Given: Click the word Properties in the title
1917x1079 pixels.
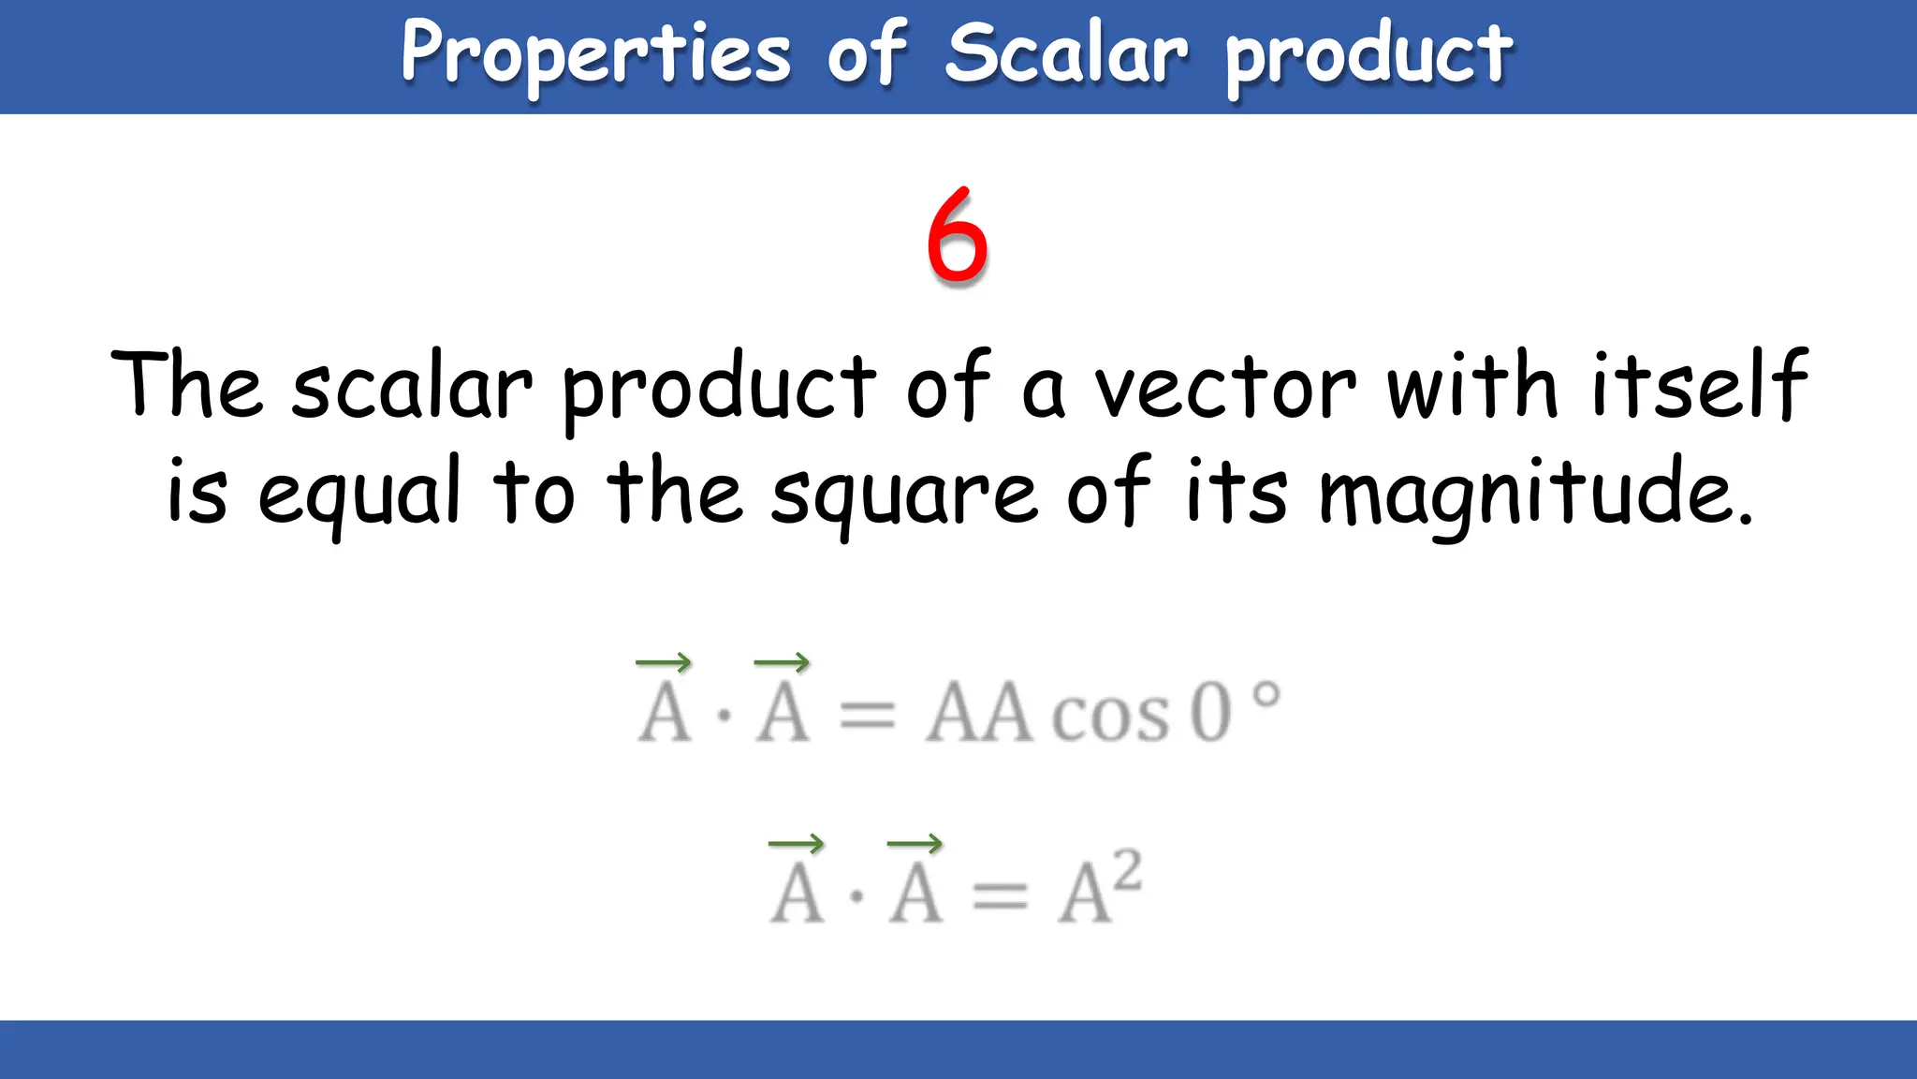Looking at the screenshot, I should (596, 54).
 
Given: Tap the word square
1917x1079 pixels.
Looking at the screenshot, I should (903, 493).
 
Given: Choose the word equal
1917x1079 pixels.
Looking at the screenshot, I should (359, 493).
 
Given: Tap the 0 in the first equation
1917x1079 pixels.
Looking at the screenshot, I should (1209, 714).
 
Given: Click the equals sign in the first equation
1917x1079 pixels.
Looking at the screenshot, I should (868, 717).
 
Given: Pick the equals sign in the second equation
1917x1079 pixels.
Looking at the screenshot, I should (1000, 897).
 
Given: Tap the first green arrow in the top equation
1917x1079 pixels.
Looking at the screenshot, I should (664, 663).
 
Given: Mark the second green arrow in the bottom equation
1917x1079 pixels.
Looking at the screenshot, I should (915, 844).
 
